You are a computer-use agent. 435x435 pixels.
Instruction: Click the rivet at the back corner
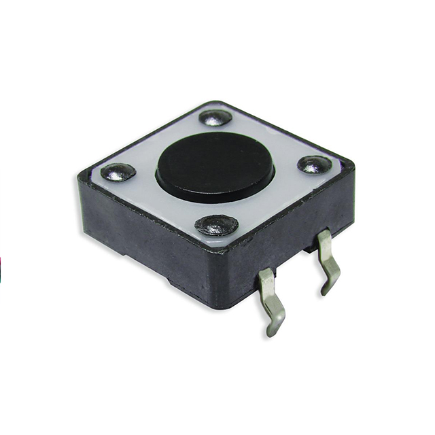click(216, 118)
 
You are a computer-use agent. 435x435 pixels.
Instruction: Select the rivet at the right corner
click(314, 164)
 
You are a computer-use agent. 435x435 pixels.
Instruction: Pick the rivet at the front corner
click(216, 224)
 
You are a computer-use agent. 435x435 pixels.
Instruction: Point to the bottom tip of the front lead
click(271, 331)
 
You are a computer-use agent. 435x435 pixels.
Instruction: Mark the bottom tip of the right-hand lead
click(326, 290)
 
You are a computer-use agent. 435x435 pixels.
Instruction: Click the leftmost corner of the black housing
click(80, 178)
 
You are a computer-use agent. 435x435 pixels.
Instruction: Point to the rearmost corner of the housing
click(216, 102)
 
